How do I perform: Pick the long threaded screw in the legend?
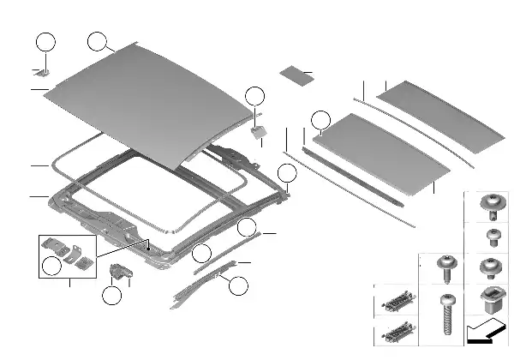(446, 317)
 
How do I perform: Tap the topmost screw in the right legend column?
(492, 204)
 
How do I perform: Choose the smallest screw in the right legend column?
(492, 235)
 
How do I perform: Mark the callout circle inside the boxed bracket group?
(52, 267)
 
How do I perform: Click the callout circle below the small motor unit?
(111, 297)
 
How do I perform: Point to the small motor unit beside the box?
(119, 273)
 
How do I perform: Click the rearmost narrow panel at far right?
(440, 117)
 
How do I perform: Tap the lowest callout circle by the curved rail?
(238, 285)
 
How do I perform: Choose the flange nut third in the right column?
(492, 267)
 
